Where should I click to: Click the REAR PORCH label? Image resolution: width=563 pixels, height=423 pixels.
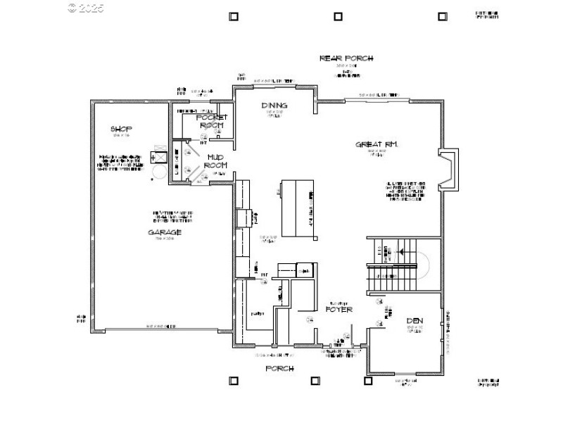346,58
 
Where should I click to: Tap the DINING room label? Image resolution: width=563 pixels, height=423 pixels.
273,106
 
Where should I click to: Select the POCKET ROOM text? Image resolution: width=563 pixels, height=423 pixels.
210,120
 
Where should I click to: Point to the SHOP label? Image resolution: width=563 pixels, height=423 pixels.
121,129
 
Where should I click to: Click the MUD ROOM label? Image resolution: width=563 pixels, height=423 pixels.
215,161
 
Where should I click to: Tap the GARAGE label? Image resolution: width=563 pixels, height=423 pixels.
165,232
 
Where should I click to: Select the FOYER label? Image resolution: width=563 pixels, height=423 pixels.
339,309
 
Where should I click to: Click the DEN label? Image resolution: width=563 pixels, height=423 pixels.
415,321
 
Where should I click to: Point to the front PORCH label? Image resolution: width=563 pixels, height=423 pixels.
279,368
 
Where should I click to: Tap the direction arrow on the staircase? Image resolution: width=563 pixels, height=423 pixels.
403,250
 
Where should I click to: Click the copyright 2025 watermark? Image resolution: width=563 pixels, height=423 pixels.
85,8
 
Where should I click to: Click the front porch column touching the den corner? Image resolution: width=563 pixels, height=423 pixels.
367,381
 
